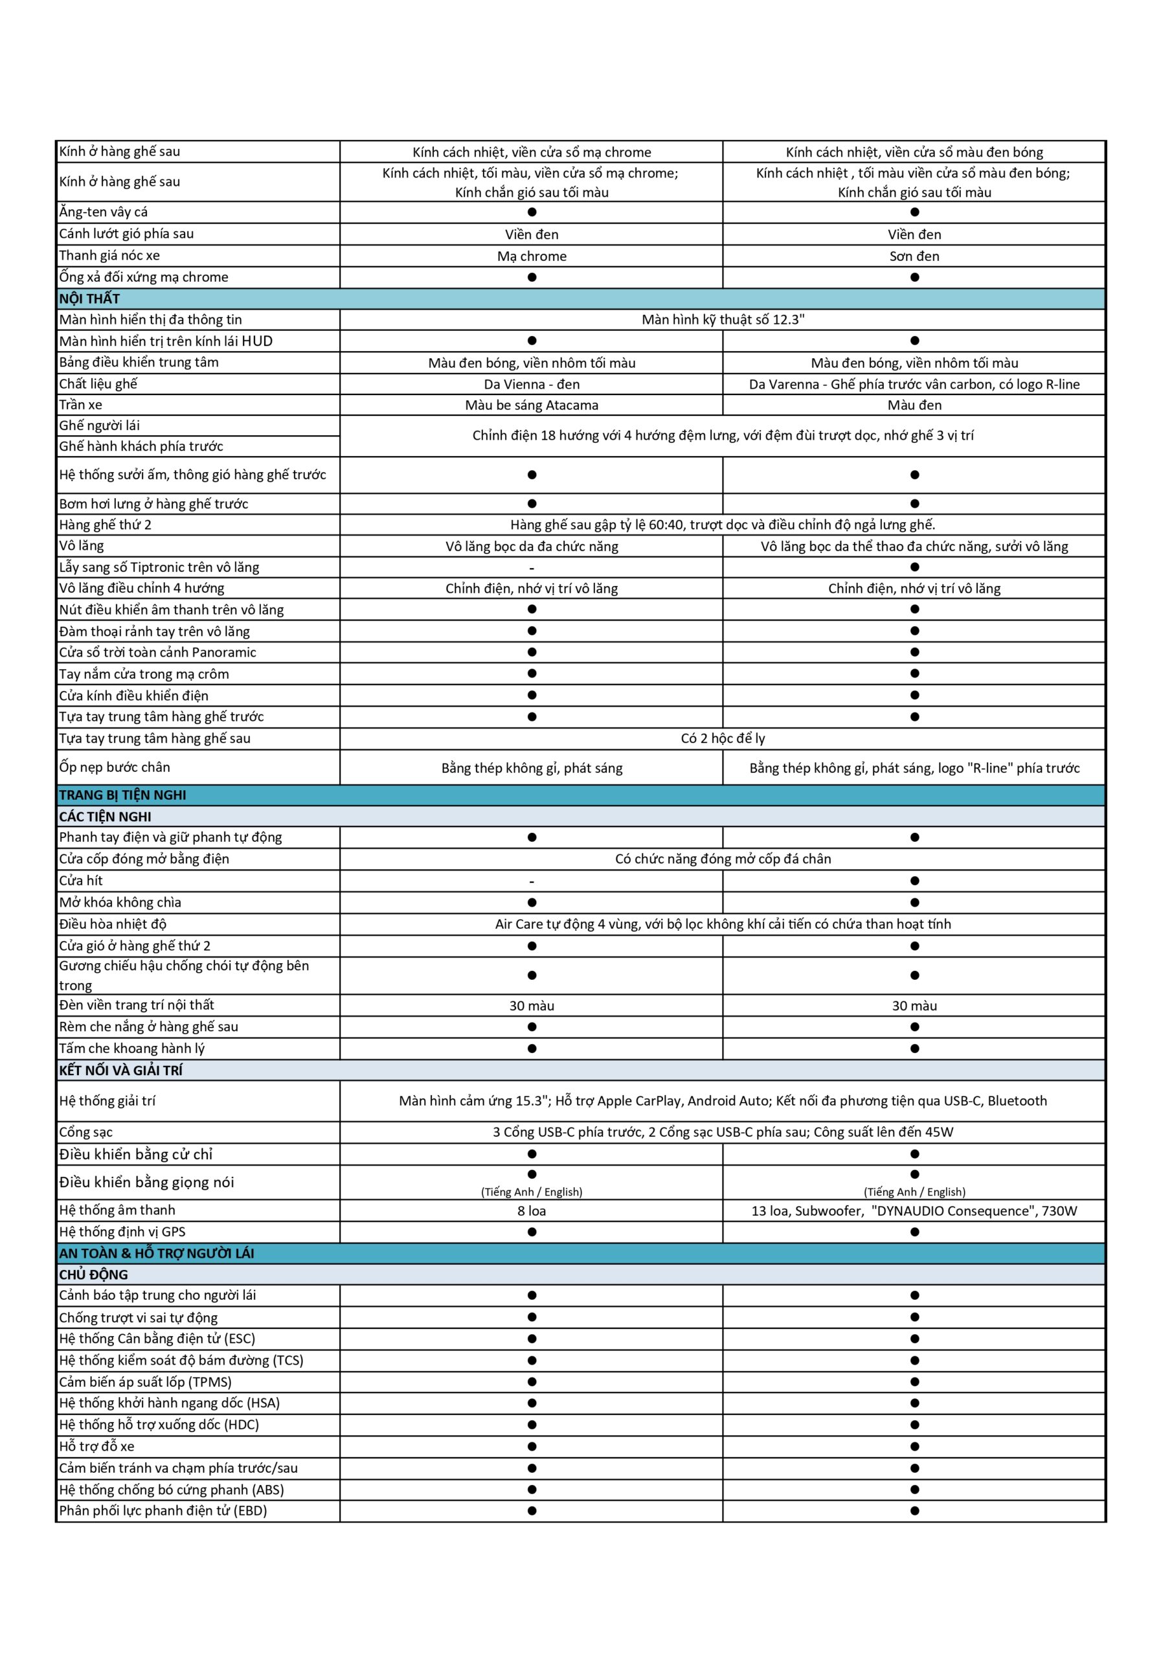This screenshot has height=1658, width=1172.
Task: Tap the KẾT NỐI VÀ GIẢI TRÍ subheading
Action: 120,1069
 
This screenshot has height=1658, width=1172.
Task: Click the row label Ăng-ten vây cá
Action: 103,212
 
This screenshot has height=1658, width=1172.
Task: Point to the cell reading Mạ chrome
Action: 532,256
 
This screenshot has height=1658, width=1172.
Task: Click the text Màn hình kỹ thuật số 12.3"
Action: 722,319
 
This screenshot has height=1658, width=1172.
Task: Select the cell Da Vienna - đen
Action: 532,384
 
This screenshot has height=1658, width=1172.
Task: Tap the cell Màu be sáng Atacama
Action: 532,405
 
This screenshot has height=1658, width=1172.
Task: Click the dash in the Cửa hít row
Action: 532,881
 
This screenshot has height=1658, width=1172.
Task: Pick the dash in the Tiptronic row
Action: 532,567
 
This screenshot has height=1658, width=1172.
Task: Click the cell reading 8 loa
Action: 532,1211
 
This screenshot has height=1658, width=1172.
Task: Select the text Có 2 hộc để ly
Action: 722,738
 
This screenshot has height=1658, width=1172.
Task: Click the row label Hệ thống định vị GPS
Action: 122,1232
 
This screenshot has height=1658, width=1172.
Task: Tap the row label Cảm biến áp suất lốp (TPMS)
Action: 145,1382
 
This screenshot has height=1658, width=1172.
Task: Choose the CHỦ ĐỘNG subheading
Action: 93,1275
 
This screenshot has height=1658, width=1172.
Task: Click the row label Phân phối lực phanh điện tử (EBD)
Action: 163,1511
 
